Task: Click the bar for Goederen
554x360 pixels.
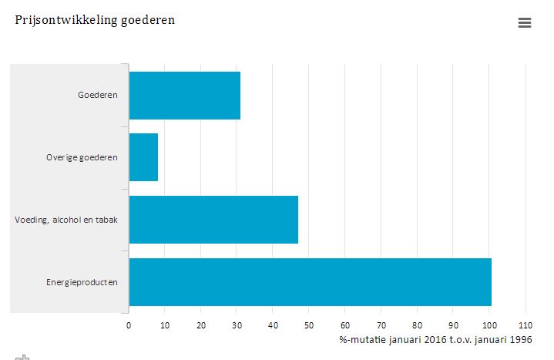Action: point(184,96)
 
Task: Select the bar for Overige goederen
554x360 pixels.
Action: point(143,157)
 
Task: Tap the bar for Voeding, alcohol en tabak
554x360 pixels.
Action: point(213,220)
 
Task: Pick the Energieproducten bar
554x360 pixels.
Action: point(310,282)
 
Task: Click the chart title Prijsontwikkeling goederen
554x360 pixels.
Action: point(95,20)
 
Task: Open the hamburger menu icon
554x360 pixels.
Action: point(525,23)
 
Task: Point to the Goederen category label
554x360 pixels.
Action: point(98,96)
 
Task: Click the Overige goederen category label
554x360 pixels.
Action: point(82,158)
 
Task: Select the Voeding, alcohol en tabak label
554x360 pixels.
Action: point(66,220)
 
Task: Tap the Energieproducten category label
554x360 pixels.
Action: point(82,283)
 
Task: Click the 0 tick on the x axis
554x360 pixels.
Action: point(129,325)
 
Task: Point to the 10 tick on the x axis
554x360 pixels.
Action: point(165,325)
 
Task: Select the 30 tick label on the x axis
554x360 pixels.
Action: point(237,325)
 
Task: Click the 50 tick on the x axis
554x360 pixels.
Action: point(309,325)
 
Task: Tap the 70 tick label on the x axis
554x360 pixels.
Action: point(381,325)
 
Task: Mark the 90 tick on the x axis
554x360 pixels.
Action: point(453,325)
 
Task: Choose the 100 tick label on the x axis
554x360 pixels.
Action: point(489,325)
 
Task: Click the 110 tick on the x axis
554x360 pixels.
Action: point(525,325)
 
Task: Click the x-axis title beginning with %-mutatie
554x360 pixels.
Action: point(435,339)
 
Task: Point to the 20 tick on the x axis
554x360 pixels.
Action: point(201,325)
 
